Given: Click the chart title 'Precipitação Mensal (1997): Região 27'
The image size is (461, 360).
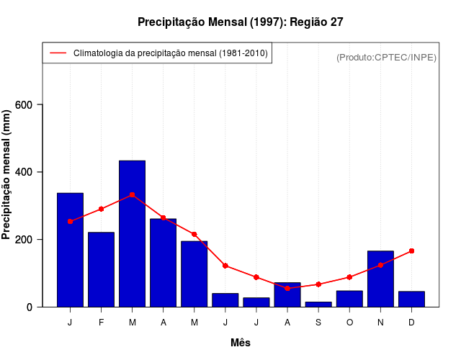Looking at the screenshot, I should (x=240, y=22).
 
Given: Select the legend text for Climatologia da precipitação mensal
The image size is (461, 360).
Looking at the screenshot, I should (x=170, y=53).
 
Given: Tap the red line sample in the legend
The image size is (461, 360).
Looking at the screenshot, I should (x=58, y=53).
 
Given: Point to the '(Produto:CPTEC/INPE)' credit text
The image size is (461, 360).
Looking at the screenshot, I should (x=386, y=57).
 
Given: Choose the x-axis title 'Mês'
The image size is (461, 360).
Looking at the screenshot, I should (x=241, y=343).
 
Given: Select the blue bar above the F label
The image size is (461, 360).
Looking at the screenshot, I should (x=101, y=269).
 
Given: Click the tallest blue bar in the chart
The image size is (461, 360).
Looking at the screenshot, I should (x=132, y=233).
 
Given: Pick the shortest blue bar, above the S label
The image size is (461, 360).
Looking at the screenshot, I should (x=318, y=304).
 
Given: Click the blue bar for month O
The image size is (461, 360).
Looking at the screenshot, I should (x=349, y=299).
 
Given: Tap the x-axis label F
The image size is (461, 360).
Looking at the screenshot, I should (x=101, y=323).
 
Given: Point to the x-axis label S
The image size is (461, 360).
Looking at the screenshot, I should (x=318, y=323).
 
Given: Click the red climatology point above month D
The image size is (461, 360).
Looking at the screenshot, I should (x=411, y=251).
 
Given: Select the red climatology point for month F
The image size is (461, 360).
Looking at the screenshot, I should (x=101, y=209).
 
